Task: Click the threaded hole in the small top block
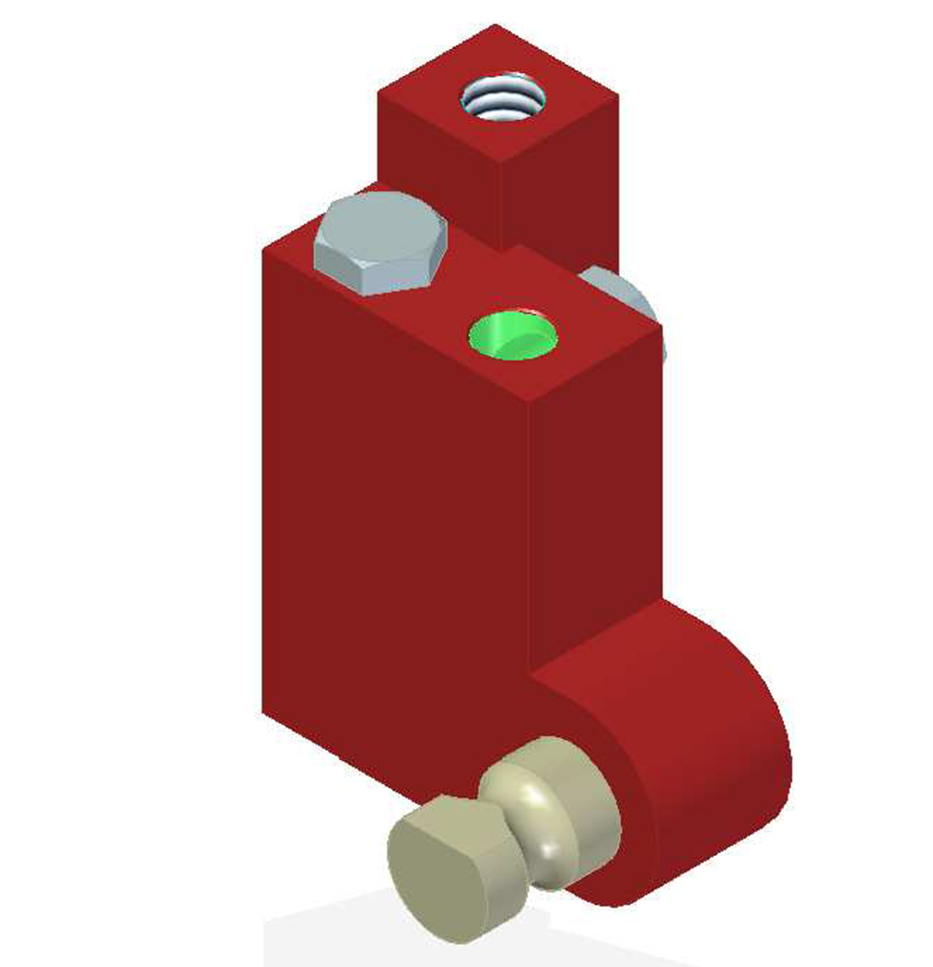(x=501, y=99)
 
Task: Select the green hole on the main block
(x=512, y=336)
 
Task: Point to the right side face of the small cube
(x=560, y=187)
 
